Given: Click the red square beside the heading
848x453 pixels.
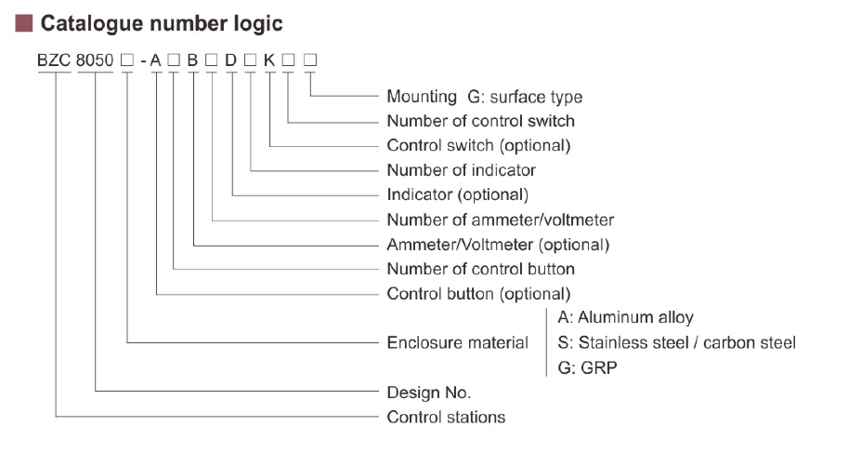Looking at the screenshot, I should (24, 23).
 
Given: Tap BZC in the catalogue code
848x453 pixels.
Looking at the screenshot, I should (54, 61).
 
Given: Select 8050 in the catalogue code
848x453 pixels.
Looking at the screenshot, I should (96, 61).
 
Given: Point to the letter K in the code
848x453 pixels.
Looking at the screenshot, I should (269, 61).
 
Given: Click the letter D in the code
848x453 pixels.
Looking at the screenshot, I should (231, 61).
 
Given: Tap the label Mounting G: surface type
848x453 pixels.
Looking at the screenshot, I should (484, 97).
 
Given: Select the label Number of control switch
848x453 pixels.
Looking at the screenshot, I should (480, 121).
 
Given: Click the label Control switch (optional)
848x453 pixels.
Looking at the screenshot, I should (478, 146).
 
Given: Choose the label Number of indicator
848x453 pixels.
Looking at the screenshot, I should (461, 170).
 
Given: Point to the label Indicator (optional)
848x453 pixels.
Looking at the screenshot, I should (457, 195).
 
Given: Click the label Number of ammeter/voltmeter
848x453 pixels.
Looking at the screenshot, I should (500, 220).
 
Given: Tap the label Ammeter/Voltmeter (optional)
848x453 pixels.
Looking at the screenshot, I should (498, 245).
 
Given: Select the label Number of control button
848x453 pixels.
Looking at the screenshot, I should (480, 269).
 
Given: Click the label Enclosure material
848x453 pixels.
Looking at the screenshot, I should (457, 343).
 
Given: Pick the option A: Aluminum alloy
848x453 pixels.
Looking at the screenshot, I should (625, 318).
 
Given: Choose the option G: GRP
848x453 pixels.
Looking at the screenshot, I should (587, 368).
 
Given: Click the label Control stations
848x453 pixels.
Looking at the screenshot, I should (446, 417).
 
